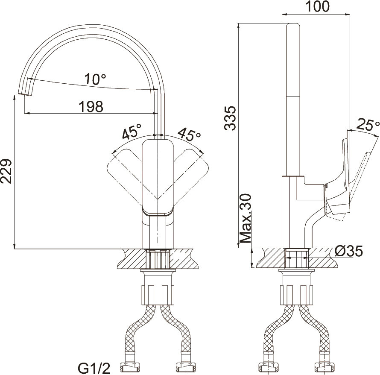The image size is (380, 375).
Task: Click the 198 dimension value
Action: (x=91, y=107)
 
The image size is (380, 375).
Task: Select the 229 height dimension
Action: (x=6, y=172)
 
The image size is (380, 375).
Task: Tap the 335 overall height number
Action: (x=230, y=118)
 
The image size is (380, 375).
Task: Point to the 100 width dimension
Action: (x=318, y=6)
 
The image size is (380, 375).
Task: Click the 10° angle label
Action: (x=95, y=79)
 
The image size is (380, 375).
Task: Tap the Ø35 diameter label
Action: (x=348, y=252)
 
